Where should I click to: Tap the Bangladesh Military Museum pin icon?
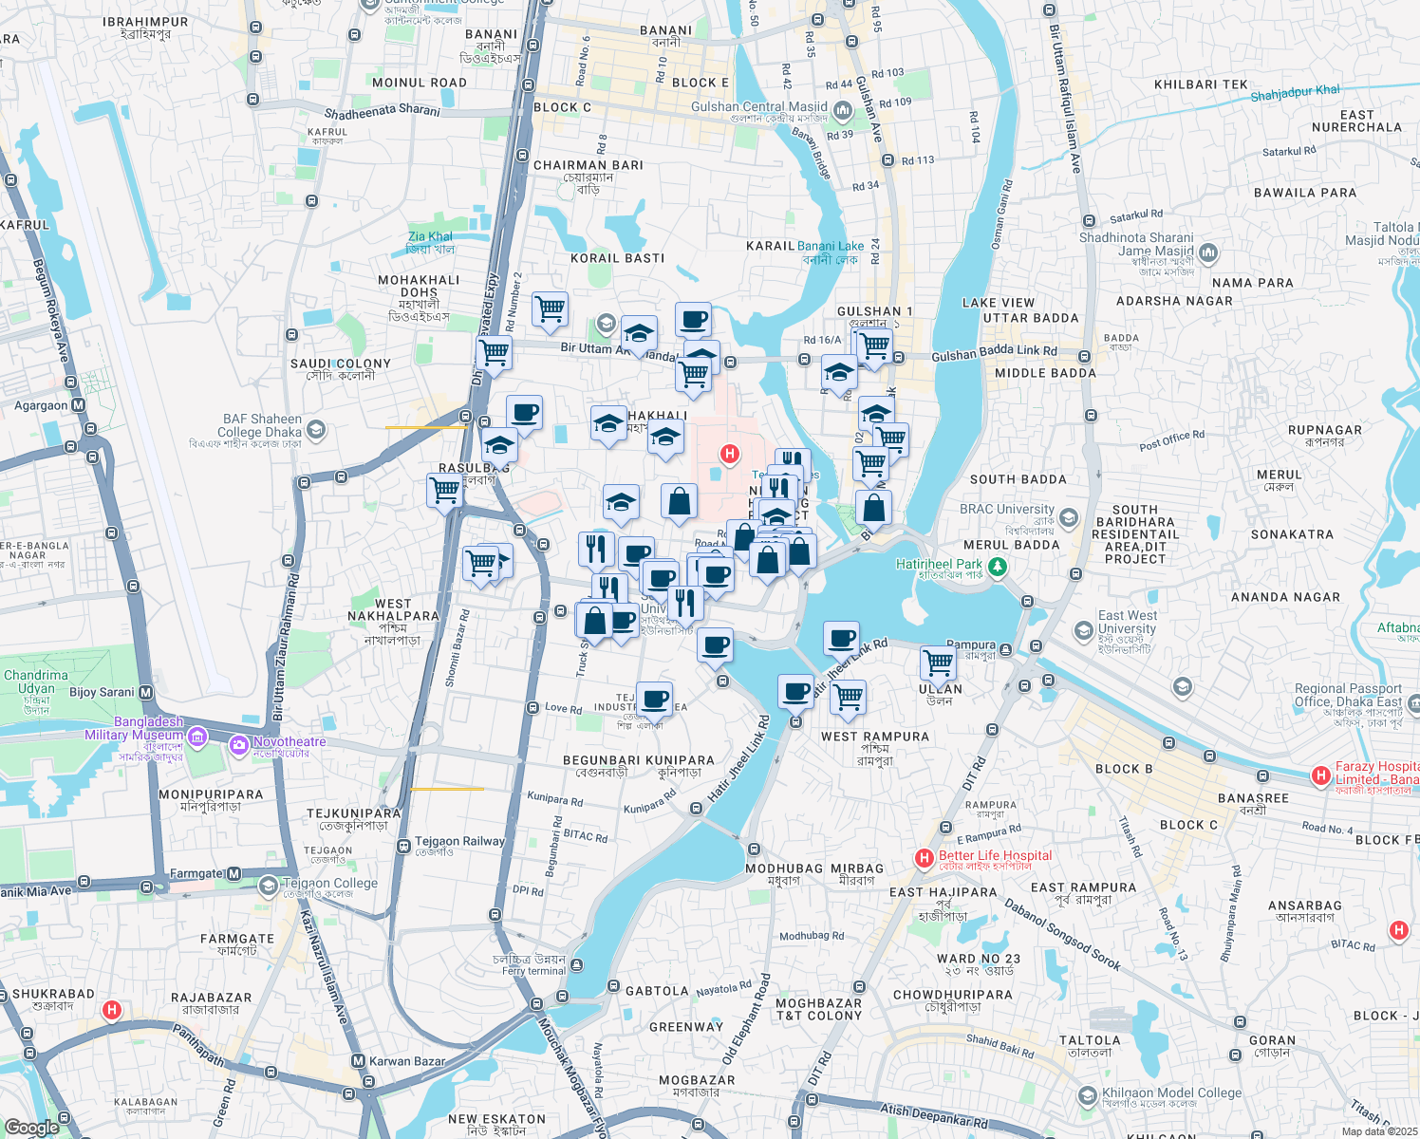pyautogui.click(x=196, y=736)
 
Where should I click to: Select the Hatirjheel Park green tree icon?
pyautogui.click(x=997, y=567)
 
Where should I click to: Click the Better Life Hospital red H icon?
pyautogui.click(x=924, y=858)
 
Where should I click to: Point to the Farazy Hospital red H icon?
pyautogui.click(x=1319, y=775)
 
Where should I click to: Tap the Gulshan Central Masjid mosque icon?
pyautogui.click(x=842, y=112)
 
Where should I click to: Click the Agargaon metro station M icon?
pyautogui.click(x=79, y=405)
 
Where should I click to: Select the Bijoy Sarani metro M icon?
pyautogui.click(x=146, y=693)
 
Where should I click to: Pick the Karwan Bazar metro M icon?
pyautogui.click(x=358, y=1061)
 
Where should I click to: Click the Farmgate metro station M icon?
pyautogui.click(x=234, y=873)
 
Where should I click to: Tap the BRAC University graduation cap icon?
pyautogui.click(x=1069, y=517)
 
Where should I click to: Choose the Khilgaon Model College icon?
pyautogui.click(x=1088, y=1097)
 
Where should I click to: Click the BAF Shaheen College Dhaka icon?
pyautogui.click(x=316, y=430)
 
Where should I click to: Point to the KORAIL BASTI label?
pyautogui.click(x=617, y=258)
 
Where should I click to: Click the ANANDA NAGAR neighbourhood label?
pyautogui.click(x=1285, y=597)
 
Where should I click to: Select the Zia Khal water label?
pyautogui.click(x=430, y=236)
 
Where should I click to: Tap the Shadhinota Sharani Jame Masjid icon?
pyautogui.click(x=1208, y=252)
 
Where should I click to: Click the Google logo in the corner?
pyautogui.click(x=31, y=1128)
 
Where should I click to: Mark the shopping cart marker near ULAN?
pyautogui.click(x=938, y=662)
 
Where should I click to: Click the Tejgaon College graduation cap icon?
pyautogui.click(x=269, y=887)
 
